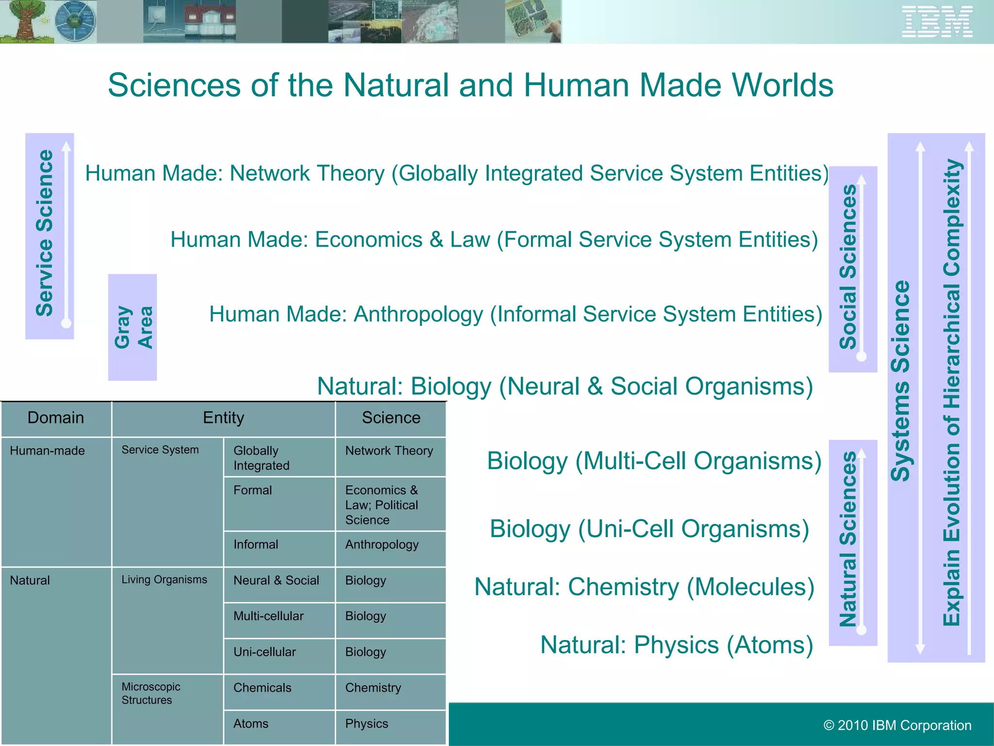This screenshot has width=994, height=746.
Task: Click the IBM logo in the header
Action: [937, 21]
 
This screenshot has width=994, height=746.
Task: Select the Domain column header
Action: [56, 418]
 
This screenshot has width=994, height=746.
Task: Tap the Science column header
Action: [391, 418]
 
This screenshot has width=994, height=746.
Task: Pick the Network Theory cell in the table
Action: [389, 451]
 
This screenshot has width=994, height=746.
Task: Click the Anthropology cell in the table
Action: [381, 545]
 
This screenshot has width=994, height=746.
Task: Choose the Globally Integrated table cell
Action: [261, 458]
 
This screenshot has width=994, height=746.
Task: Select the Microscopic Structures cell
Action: [150, 693]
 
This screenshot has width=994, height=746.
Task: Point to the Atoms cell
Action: [251, 724]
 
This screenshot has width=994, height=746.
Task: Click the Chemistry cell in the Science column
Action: [373, 688]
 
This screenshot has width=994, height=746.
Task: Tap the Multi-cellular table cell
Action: [268, 616]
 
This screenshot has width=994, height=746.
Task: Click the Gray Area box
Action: [133, 327]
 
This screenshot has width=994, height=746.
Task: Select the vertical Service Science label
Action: [45, 233]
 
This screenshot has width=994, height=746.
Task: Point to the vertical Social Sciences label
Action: [848, 267]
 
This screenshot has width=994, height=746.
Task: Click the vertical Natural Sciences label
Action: [848, 539]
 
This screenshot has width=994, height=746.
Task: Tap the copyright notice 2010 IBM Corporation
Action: [897, 725]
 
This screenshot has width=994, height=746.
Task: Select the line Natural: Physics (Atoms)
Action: [677, 645]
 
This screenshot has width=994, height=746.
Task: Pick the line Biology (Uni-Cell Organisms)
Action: [649, 529]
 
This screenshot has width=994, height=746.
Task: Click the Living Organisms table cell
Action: [164, 580]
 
